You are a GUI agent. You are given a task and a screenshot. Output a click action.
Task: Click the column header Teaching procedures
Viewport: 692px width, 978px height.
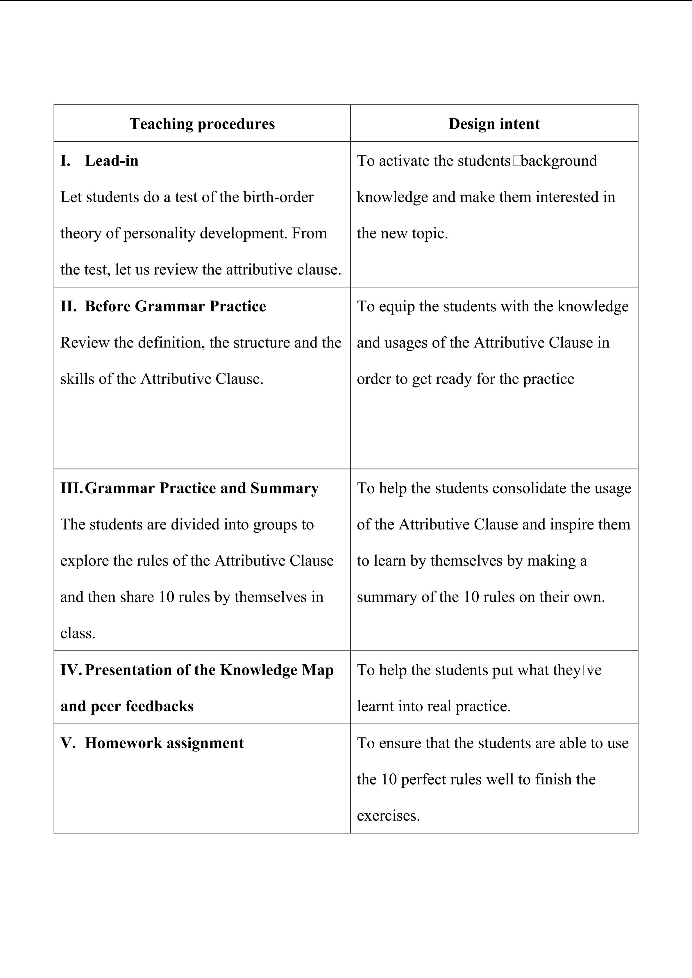pyautogui.click(x=202, y=124)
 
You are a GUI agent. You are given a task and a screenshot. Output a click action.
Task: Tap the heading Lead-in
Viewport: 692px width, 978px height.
pyautogui.click(x=112, y=161)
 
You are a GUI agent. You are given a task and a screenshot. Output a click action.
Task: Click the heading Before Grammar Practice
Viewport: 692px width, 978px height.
pyautogui.click(x=175, y=306)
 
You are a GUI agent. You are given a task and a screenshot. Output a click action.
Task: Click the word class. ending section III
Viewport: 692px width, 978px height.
pyautogui.click(x=78, y=634)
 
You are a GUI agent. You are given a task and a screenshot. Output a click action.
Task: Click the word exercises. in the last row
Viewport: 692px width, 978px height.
pyautogui.click(x=388, y=816)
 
